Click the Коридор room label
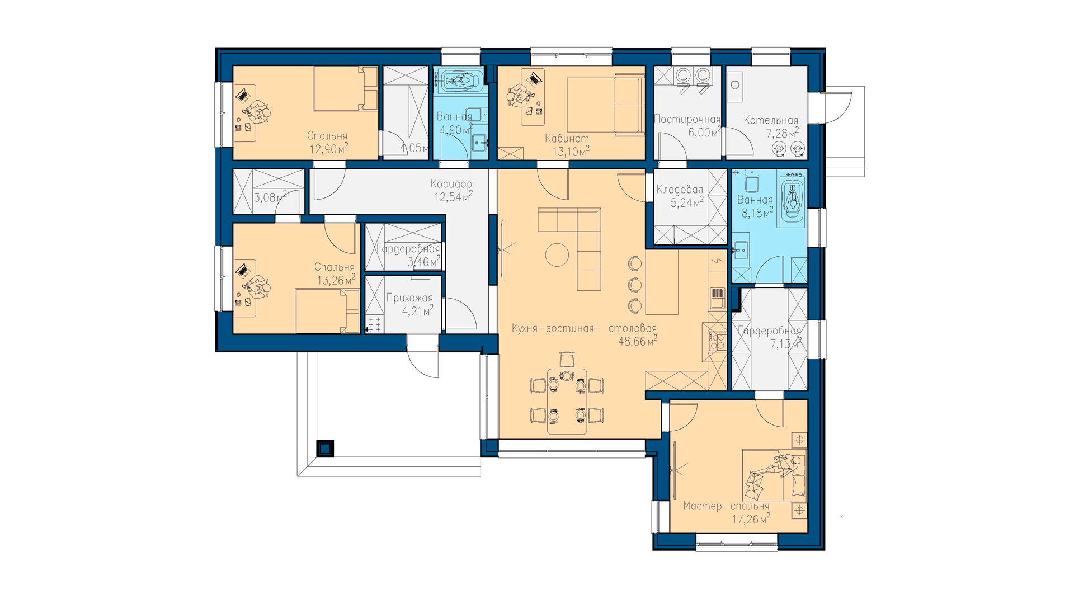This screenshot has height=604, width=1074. tap(451, 184)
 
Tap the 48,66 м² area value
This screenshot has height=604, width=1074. tap(638, 341)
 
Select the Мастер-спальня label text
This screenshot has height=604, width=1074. tap(726, 507)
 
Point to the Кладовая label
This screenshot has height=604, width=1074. tap(680, 190)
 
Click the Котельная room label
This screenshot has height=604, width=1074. tap(771, 120)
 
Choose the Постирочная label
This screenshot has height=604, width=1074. tap(687, 119)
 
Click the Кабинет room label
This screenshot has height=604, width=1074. tap(567, 139)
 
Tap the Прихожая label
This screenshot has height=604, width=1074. tap(409, 298)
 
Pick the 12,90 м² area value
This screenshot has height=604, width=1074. tap(329, 148)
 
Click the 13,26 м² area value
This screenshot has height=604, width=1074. tap(336, 280)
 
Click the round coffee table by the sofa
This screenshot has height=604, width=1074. tap(557, 255)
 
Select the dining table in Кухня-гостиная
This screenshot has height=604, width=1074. tap(567, 401)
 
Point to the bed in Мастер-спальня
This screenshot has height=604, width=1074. tap(774, 475)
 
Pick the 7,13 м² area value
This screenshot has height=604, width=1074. tap(786, 344)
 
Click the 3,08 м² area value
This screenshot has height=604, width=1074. tap(270, 197)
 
